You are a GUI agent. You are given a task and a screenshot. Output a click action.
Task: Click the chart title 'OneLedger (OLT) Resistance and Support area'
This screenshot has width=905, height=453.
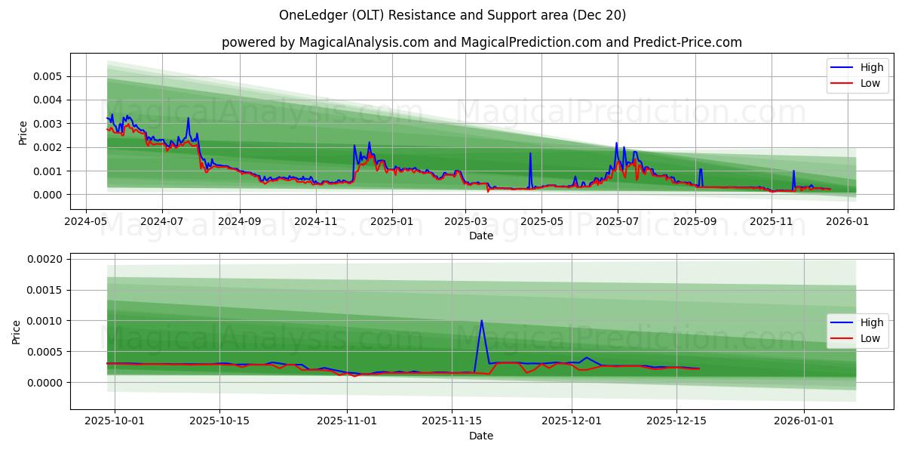pos(452,15)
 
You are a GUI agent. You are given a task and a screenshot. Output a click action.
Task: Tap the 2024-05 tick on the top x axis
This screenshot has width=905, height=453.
pos(85,221)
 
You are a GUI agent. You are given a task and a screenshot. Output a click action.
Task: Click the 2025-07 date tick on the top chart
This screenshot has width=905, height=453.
pos(618,221)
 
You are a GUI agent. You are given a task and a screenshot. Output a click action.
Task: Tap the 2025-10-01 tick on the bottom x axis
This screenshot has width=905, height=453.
pos(115,421)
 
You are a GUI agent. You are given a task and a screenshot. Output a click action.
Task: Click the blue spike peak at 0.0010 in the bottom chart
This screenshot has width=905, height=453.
pos(481,320)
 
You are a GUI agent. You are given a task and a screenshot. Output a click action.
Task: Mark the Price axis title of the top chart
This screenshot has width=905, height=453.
pos(23,133)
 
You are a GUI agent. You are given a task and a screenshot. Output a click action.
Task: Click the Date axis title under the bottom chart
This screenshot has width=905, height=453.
pos(481,436)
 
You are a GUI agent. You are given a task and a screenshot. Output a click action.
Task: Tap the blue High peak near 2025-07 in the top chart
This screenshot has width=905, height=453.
pos(616,143)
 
